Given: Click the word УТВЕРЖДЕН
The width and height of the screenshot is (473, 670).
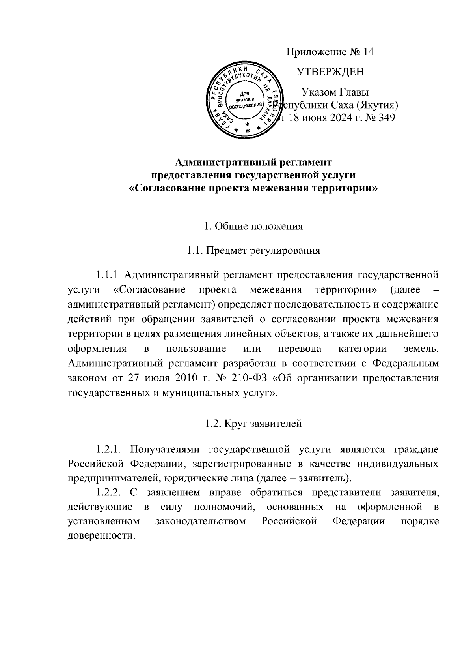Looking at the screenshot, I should point(330,72).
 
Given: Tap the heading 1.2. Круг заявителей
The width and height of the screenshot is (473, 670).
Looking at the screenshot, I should point(253,424).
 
